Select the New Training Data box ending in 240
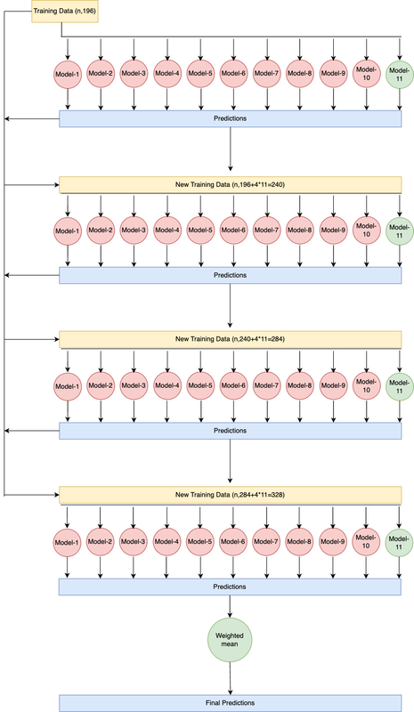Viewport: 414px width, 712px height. [230, 184]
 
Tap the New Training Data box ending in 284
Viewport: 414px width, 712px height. [230, 339]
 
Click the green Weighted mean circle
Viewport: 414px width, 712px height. [231, 641]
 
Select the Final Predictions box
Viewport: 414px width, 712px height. [230, 702]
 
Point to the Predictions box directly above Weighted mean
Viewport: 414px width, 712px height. [230, 587]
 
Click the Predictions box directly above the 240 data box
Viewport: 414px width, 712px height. [230, 118]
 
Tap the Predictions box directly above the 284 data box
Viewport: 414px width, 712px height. [230, 275]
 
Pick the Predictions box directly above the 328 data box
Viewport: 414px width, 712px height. [230, 430]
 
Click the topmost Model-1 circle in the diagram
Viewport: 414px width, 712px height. [68, 74]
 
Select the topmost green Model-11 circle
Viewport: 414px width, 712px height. [400, 74]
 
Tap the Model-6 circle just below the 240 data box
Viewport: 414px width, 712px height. [233, 231]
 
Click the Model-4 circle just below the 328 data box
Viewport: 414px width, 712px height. [167, 541]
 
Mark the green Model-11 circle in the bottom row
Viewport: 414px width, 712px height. [400, 541]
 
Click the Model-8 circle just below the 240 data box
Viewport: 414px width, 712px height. [300, 231]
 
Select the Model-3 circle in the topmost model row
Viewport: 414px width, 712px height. [134, 74]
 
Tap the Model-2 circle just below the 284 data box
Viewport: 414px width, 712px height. [101, 386]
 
